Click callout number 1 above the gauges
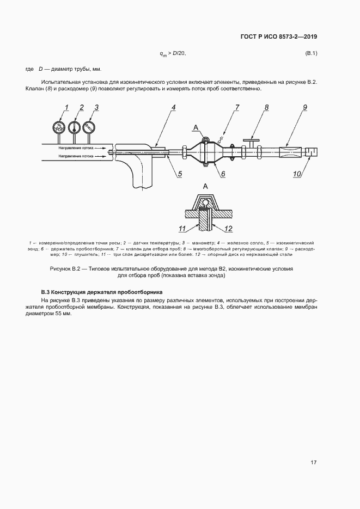pos(66,107)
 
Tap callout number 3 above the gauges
pos(96,107)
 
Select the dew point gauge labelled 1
pos(58,128)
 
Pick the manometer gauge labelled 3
pos(88,128)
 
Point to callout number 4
pos(173,107)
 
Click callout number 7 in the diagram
pos(237,107)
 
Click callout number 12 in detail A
pos(228,228)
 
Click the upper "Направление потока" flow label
pos(77,147)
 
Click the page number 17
pos(313,462)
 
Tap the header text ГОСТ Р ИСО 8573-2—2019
pos(279,36)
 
